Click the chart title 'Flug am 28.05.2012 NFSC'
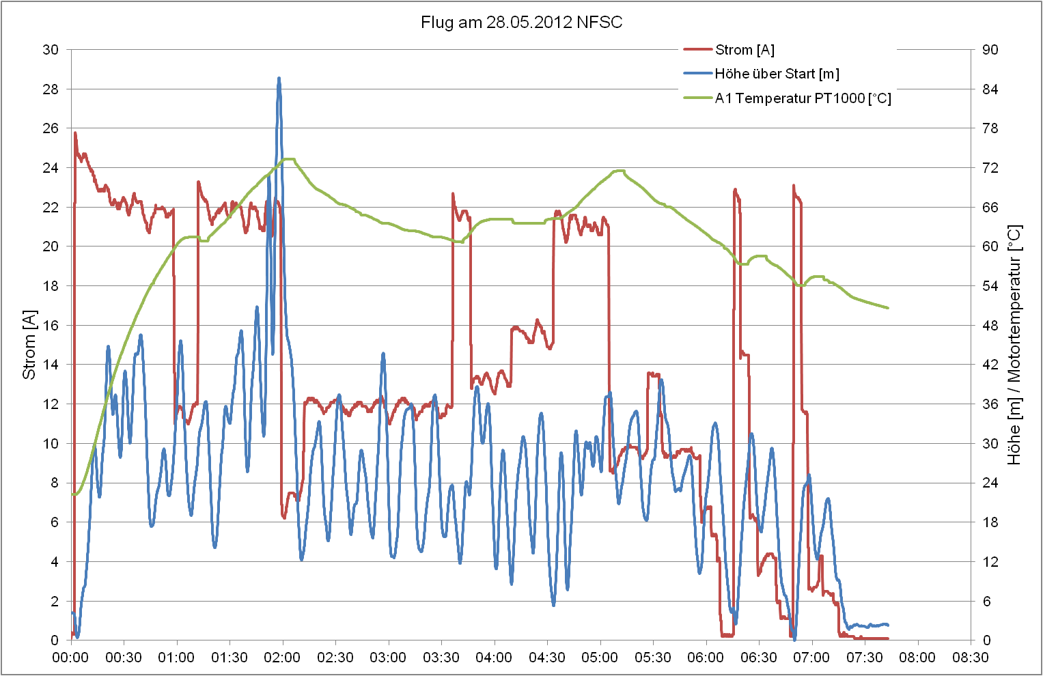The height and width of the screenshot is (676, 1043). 521,23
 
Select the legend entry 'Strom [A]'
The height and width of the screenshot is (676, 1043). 745,50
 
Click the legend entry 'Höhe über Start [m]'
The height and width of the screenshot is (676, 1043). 777,74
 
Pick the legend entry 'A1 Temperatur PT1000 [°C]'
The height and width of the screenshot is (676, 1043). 803,98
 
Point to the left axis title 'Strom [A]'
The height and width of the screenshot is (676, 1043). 29,345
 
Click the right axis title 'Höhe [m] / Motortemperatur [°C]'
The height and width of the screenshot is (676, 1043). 1014,345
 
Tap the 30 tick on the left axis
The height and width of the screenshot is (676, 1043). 51,50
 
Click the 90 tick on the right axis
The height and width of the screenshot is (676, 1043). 990,50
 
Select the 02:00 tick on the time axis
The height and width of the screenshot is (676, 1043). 283,658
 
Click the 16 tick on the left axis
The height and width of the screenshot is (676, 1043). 51,326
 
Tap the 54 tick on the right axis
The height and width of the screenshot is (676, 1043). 990,286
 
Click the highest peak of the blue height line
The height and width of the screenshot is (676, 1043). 279,79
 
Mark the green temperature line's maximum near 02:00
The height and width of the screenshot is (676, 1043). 289,159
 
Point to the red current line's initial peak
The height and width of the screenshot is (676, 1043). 75,133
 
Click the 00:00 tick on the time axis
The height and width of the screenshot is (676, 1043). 71,658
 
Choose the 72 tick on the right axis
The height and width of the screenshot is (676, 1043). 990,168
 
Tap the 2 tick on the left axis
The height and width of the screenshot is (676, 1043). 55,602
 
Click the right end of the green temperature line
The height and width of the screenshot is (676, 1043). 888,308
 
